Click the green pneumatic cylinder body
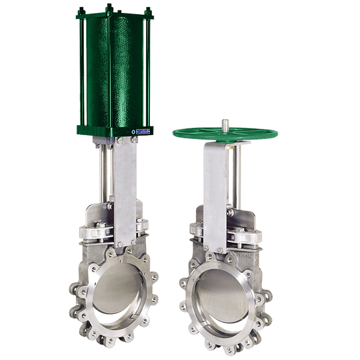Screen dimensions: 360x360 [115, 71]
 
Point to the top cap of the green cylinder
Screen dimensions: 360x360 [115, 14]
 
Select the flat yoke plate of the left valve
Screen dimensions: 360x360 [126, 188]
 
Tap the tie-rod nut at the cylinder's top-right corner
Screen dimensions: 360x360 [149, 12]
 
